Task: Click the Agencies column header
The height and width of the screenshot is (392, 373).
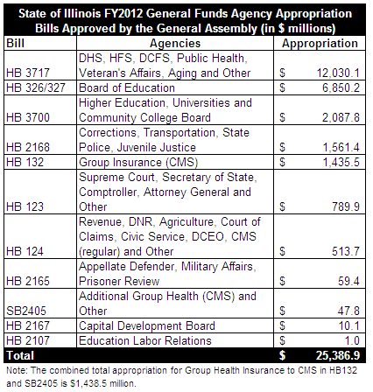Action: pos(175,44)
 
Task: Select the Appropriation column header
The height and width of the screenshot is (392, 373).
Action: pos(320,44)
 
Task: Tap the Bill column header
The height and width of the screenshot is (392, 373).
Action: pos(15,44)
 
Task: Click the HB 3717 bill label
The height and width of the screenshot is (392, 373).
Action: pos(28,73)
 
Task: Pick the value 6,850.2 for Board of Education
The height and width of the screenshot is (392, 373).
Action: pos(341,87)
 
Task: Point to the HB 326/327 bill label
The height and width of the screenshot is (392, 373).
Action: pos(36,87)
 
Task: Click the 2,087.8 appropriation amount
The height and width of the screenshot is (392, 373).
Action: pos(341,117)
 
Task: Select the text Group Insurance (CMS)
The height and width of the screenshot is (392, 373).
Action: pos(138,162)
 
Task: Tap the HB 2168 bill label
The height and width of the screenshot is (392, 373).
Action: pos(28,147)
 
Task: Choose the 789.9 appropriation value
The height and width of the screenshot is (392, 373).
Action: pos(346,206)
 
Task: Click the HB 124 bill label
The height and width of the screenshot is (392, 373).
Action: pos(25,251)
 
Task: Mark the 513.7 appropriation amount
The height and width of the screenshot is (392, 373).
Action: pos(346,251)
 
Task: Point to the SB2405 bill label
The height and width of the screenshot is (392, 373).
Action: pos(26,311)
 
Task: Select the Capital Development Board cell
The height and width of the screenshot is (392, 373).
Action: pos(147,325)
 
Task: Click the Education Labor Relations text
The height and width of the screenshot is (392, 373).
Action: pos(145,340)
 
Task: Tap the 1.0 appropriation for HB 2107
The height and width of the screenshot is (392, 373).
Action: pos(352,340)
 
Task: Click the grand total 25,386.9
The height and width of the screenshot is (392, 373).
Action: pos(338,355)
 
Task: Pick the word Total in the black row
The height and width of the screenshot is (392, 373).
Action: pos(20,355)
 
